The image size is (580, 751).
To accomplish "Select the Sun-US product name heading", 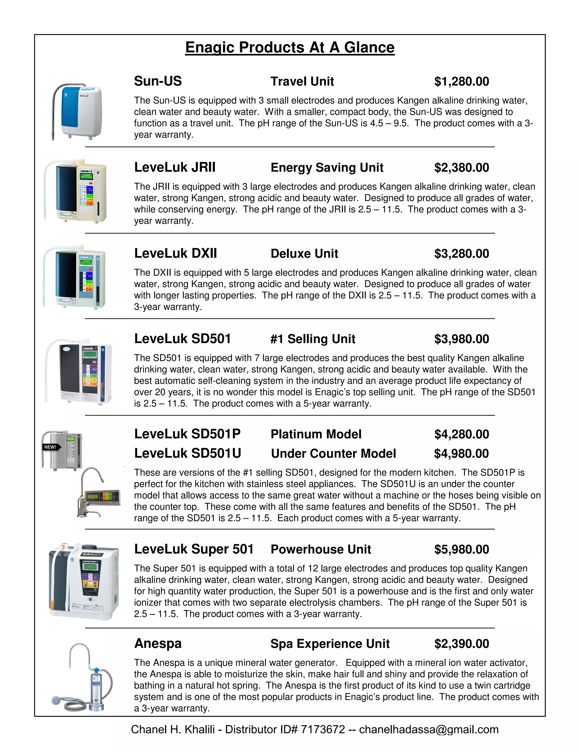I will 158,81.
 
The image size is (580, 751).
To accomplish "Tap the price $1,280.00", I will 461,82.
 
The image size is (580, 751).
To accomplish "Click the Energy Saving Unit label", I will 327,167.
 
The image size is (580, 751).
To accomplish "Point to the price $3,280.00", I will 461,253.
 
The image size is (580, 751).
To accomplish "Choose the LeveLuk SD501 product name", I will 182,339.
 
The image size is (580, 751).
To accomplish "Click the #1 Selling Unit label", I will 313,339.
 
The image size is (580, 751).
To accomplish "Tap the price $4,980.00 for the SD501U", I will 461,453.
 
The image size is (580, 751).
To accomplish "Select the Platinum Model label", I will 316,434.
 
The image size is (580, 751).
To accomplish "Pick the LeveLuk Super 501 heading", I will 194,549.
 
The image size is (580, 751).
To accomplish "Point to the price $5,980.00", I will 461,550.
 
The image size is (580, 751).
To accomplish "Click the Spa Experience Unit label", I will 330,644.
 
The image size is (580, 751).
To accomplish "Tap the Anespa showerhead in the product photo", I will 57,700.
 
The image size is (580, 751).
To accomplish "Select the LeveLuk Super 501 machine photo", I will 84,581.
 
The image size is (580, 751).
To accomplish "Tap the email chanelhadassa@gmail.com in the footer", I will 428,729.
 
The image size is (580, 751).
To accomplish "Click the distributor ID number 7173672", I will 323,729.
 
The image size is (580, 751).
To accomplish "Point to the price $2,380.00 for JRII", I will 461,167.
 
